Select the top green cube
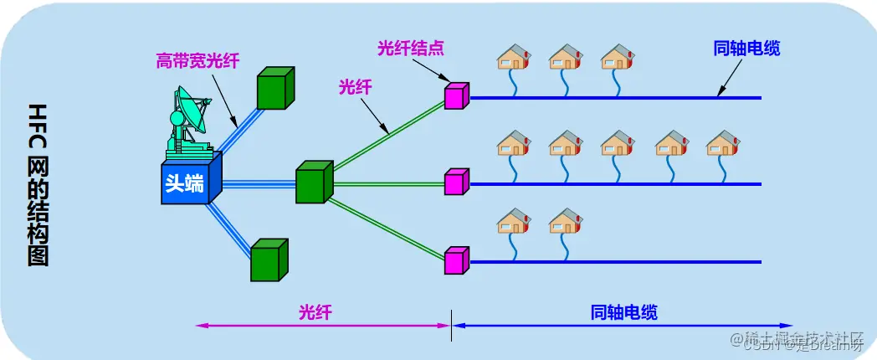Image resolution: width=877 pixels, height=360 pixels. [x=275, y=88]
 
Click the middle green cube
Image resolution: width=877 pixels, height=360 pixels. [x=315, y=183]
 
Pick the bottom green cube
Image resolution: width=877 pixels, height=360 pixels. [x=269, y=260]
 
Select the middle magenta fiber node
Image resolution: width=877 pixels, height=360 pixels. [x=457, y=182]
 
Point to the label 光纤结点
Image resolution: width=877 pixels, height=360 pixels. [x=409, y=48]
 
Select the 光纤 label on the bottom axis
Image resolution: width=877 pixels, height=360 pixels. [x=315, y=312]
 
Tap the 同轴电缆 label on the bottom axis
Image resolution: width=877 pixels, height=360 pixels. [x=623, y=312]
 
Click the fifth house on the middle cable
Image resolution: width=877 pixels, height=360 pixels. [x=722, y=143]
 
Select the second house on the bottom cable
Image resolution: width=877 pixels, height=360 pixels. [x=565, y=222]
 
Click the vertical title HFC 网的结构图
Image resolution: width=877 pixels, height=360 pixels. [x=38, y=184]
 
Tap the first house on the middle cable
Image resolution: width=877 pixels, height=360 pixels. [x=513, y=143]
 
